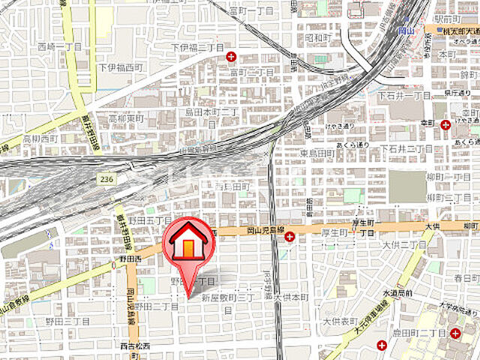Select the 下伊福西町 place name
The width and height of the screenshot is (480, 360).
click(x=119, y=67)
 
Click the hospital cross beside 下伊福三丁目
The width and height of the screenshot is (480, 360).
click(x=231, y=55)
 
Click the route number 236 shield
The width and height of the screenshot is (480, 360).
click(x=106, y=178)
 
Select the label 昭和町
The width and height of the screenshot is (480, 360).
click(x=319, y=37)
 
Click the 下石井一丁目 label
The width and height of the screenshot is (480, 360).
click(x=404, y=96)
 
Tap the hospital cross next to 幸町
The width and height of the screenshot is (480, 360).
click(x=445, y=124)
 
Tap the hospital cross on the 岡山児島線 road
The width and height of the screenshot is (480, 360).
click(x=290, y=237)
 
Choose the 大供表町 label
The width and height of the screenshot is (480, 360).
click(x=343, y=321)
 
